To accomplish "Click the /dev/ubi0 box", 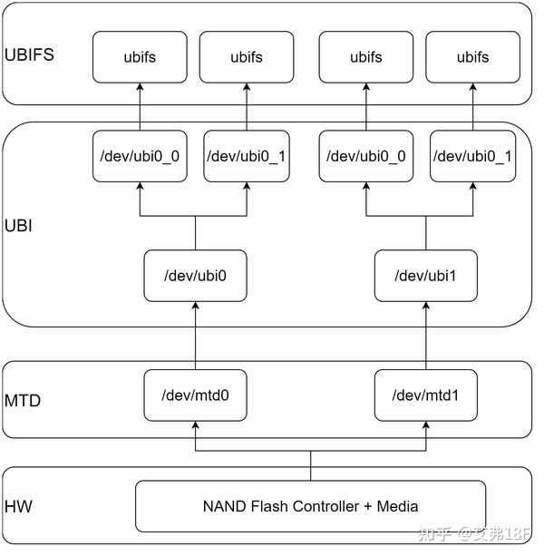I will tap(195, 276).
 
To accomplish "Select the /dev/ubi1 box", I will tap(425, 276).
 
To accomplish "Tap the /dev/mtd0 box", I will tap(195, 395).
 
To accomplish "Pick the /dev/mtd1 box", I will tap(425, 395).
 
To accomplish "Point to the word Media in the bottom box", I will tap(395, 506).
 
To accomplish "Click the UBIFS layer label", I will tap(30, 54).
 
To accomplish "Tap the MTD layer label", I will tap(23, 399).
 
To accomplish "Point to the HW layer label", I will tap(18, 506).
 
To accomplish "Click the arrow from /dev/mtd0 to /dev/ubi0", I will tap(195, 336).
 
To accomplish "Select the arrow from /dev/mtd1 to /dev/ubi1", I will tap(425, 336).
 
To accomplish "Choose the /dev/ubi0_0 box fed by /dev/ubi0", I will tap(140, 156).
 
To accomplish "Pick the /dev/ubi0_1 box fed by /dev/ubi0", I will tap(247, 156).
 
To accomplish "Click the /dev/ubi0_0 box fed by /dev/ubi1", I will tap(366, 156).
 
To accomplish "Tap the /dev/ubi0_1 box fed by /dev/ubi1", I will tap(471, 156).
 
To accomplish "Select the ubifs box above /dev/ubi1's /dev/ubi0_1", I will tap(471, 57).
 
